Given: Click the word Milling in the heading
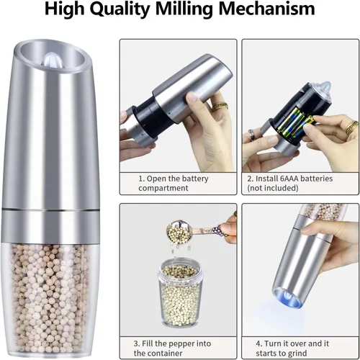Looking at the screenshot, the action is coord(184,9).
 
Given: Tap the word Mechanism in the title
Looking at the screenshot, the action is coord(267,9).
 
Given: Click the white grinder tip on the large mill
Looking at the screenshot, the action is coord(51,60).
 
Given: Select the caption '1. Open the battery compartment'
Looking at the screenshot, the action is coord(174,183).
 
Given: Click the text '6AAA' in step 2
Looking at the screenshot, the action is coord(289,179).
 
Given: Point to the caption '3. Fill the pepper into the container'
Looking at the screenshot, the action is coord(172,348).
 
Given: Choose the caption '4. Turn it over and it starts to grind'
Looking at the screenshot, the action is coord(292,348).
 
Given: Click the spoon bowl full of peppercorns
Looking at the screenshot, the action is coord(179,231).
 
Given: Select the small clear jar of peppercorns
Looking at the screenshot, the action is coord(178,293).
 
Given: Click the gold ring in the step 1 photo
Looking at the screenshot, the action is coord(220,106).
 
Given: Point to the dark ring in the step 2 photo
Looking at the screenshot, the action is coord(252,136).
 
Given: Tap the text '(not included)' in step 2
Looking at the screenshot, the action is coord(273,188).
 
